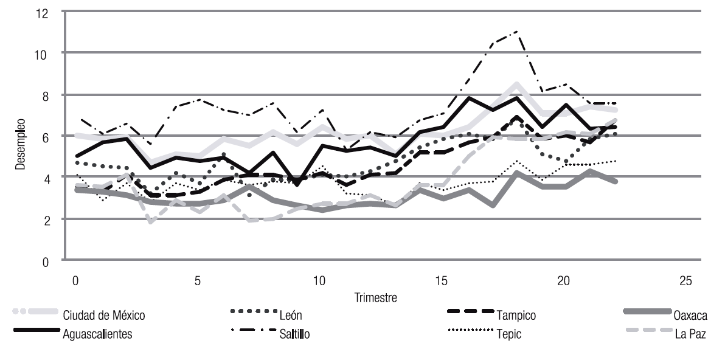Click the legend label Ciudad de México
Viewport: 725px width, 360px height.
click(x=104, y=315)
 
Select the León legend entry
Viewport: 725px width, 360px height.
click(x=291, y=315)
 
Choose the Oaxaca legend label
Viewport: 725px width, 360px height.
click(x=689, y=315)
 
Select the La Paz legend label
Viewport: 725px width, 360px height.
click(x=690, y=333)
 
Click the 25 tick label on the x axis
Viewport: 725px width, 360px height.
click(x=685, y=282)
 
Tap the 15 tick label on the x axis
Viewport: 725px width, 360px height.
click(x=441, y=282)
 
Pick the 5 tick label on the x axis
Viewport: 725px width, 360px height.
click(x=198, y=282)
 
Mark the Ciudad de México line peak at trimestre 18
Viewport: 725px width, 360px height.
click(x=516, y=84)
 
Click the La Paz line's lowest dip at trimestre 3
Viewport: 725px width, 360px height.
click(x=150, y=221)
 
